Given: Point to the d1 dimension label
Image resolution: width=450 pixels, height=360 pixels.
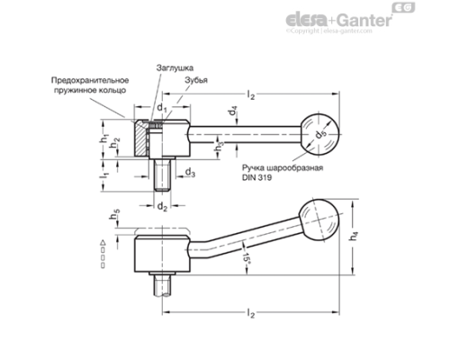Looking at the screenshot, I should [163, 110].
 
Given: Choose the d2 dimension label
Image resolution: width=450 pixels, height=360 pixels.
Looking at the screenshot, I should [163, 207].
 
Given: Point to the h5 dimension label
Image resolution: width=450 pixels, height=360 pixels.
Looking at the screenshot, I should [117, 215].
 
